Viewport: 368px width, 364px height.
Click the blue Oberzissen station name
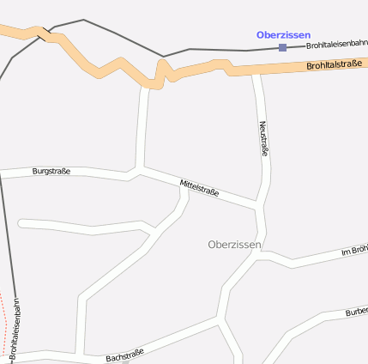(x=283, y=34)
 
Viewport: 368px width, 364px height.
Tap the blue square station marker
(x=282, y=48)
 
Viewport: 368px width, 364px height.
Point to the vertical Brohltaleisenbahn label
(x=15, y=326)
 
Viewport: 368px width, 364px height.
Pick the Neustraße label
(x=263, y=138)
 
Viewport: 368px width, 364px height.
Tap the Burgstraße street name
(x=51, y=171)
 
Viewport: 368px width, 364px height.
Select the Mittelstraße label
(x=199, y=186)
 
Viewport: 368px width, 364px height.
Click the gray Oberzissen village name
(x=234, y=245)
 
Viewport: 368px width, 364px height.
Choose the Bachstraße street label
(x=125, y=354)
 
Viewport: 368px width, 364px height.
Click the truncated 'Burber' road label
(x=355, y=311)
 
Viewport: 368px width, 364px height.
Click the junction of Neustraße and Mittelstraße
(x=259, y=205)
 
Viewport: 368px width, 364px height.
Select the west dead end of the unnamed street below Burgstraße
(x=20, y=224)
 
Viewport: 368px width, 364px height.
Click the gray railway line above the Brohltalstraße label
(x=223, y=50)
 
